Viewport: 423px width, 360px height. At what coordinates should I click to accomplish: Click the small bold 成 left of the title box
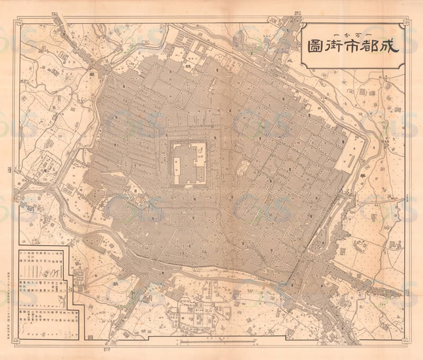tap(289, 60)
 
